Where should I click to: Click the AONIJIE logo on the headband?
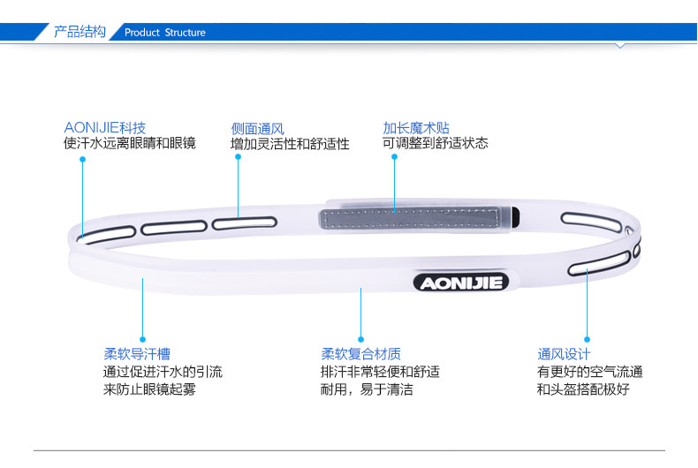point(459,283)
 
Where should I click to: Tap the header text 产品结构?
point(80,32)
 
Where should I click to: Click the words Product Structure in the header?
point(165,33)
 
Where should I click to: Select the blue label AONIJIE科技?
point(105,127)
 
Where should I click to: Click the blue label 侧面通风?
point(258,128)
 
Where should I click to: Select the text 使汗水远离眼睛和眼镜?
point(130,143)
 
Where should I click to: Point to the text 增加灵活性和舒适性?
point(291,144)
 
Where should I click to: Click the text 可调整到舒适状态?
point(436,143)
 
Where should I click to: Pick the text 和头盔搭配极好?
point(583,389)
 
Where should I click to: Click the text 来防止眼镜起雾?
point(150,389)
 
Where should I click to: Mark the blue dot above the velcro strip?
point(394,157)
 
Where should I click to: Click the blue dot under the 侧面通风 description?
point(238,157)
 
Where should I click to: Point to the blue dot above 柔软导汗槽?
point(141,338)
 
